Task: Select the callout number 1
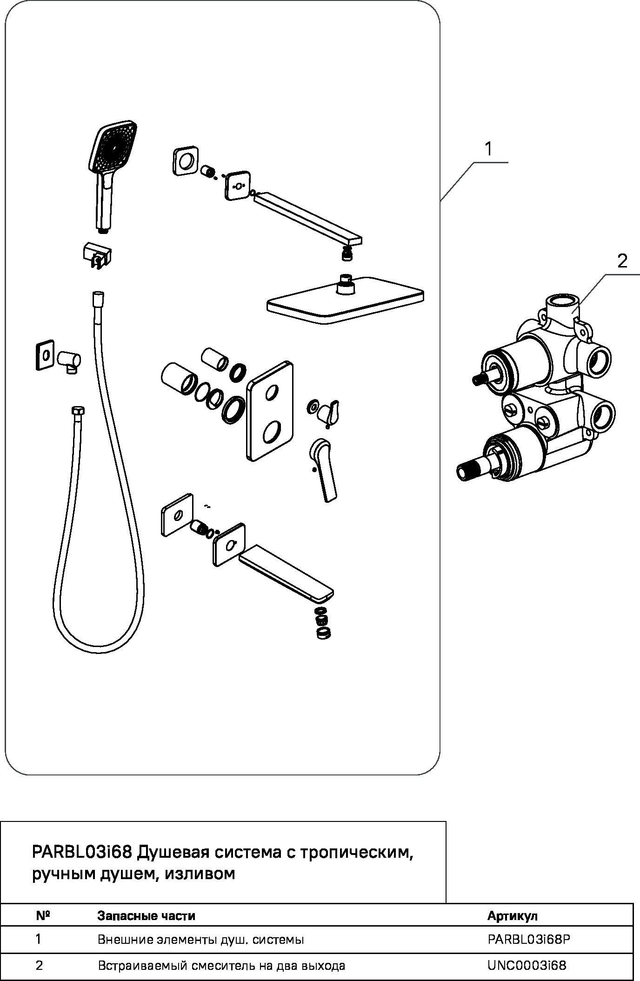[x=488, y=149]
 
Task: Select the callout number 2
[x=622, y=261]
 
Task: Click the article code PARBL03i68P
[x=528, y=940]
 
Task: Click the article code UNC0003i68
[x=527, y=966]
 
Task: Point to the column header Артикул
[x=512, y=916]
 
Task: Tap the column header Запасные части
[x=146, y=916]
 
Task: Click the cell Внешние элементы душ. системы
[x=200, y=940]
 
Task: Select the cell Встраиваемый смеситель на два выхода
[x=221, y=966]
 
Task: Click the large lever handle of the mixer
[x=323, y=469]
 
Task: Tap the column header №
[x=43, y=916]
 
